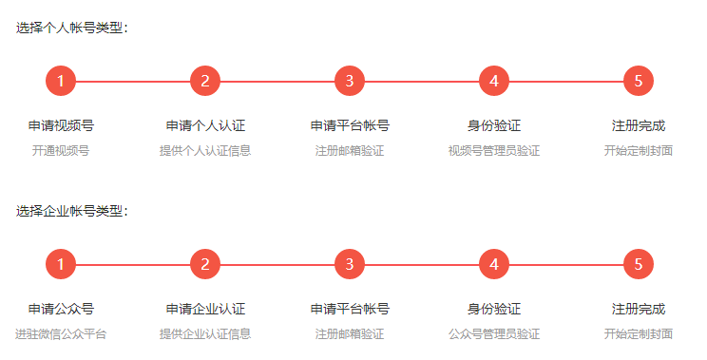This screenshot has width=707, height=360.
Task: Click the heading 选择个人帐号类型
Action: pyautogui.click(x=70, y=28)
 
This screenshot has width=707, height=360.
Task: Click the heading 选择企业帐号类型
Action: pyautogui.click(x=70, y=211)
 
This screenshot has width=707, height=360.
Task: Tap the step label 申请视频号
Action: pyautogui.click(x=61, y=125)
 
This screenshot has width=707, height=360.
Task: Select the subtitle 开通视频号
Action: pyautogui.click(x=61, y=150)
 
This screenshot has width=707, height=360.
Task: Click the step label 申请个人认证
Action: pyautogui.click(x=205, y=125)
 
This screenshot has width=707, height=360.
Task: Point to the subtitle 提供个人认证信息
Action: pyautogui.click(x=205, y=150)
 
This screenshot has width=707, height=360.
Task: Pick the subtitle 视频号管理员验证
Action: pyautogui.click(x=494, y=150)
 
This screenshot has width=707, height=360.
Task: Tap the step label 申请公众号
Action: pyautogui.click(x=61, y=309)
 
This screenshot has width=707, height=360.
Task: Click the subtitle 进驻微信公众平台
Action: pyautogui.click(x=61, y=333)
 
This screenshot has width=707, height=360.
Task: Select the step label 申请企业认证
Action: pyautogui.click(x=205, y=309)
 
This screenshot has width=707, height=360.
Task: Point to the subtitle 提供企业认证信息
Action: pyautogui.click(x=205, y=333)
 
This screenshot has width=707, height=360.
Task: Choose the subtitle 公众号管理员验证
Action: pyautogui.click(x=494, y=333)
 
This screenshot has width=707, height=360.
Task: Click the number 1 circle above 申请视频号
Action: pyautogui.click(x=61, y=82)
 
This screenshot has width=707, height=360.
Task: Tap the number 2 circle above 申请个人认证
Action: pyautogui.click(x=205, y=82)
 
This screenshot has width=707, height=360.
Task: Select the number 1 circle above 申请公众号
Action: pyautogui.click(x=61, y=265)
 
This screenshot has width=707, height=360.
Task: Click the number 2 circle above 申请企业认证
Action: pyautogui.click(x=205, y=265)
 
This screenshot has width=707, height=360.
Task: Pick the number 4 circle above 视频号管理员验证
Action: pyautogui.click(x=494, y=82)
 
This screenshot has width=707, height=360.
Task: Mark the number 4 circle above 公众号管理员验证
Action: pyautogui.click(x=494, y=265)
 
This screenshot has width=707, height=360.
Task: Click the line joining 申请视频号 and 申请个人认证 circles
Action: pyautogui.click(x=133, y=82)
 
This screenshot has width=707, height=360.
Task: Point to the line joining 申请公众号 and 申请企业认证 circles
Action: pyautogui.click(x=133, y=265)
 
